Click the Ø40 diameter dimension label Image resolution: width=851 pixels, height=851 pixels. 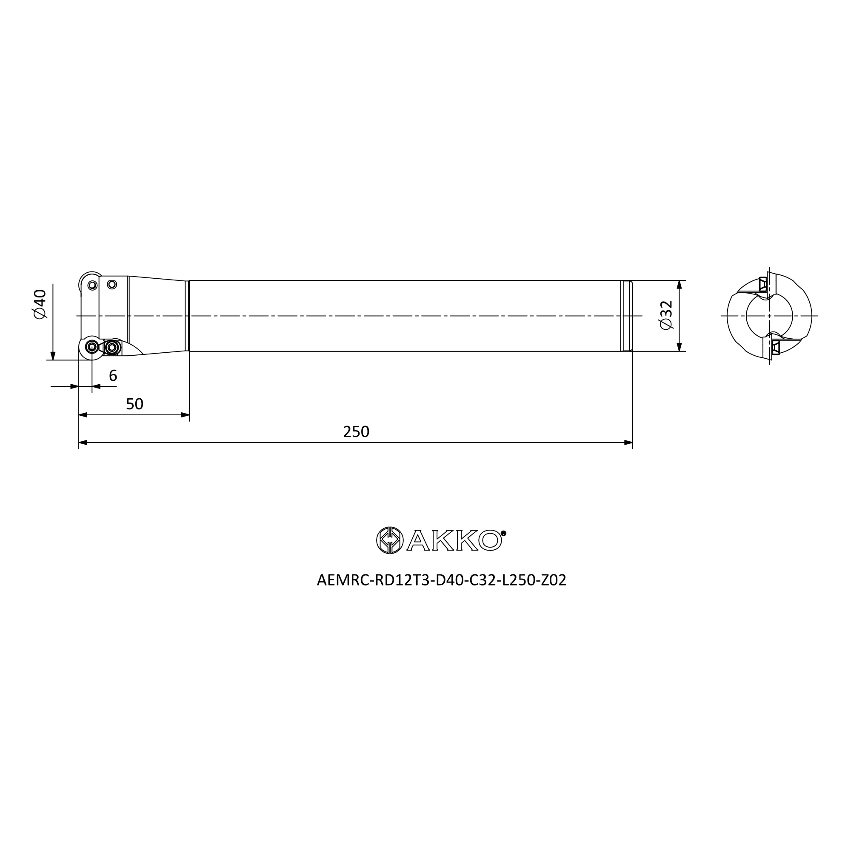point(40,304)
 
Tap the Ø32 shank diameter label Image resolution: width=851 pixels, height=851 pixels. point(666,315)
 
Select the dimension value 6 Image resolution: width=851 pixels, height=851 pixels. point(113,376)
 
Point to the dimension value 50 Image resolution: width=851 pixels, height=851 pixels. point(135,404)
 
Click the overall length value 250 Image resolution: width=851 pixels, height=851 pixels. point(356,431)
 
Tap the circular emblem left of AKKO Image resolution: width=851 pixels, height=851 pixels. point(390,540)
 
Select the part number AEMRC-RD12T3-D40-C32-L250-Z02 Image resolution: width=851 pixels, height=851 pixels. point(441,580)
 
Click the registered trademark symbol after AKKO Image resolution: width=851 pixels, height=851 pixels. point(504,533)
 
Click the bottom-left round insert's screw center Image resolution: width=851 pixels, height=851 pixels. point(92,348)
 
